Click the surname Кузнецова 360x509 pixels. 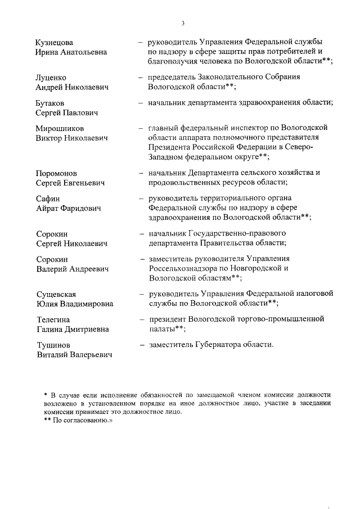(x=55, y=42)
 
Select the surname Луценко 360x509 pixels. (x=51, y=78)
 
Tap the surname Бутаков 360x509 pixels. (x=49, y=103)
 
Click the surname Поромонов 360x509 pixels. (x=56, y=173)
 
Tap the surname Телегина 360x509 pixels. (x=53, y=319)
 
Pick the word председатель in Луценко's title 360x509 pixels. (x=173, y=77)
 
